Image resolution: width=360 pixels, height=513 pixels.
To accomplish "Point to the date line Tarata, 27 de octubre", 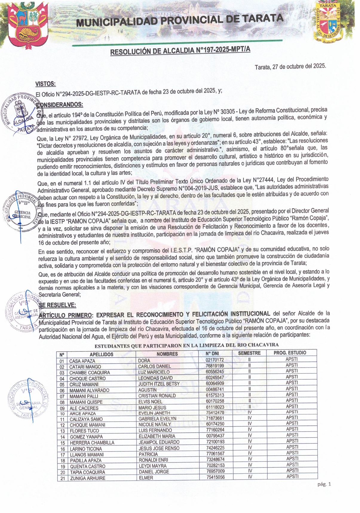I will click(290, 67).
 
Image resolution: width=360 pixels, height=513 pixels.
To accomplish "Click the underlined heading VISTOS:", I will click(45, 84).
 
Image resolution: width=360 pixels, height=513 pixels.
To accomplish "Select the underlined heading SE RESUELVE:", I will click(57, 305).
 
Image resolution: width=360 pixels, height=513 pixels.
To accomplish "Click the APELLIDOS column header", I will click(101, 354).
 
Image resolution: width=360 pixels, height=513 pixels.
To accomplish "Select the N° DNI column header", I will click(212, 354).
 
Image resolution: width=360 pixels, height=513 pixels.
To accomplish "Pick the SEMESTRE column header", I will click(249, 353).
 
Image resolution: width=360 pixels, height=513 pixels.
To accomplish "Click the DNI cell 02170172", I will click(215, 360).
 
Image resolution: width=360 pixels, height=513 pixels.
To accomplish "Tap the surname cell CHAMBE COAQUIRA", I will click(90, 373).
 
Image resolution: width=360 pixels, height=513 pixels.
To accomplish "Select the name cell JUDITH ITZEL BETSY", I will click(159, 384).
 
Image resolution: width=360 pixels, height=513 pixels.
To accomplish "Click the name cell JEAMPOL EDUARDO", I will click(159, 442).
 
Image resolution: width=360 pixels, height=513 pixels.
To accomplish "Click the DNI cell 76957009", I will click(215, 471).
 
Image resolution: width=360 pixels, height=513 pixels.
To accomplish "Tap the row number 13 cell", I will click(62, 431).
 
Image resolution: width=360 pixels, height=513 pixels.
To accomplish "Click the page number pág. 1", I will click(324, 484).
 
